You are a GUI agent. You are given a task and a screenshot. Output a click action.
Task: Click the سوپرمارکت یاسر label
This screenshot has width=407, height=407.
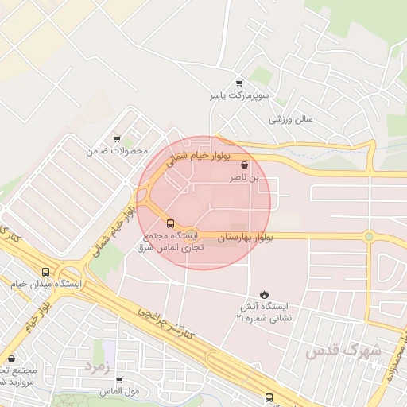click(x=240, y=95)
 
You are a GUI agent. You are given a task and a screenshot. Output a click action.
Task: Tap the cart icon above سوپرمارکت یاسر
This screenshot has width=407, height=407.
click(x=239, y=83)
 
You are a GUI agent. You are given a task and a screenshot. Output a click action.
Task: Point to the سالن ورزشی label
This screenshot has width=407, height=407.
click(x=290, y=119)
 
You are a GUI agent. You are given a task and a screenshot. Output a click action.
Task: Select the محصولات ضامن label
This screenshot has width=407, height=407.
click(x=119, y=151)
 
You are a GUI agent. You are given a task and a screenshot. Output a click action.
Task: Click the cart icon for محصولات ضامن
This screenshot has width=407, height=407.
click(x=118, y=138)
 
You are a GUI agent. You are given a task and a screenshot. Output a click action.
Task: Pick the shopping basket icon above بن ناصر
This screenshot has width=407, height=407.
click(x=243, y=166)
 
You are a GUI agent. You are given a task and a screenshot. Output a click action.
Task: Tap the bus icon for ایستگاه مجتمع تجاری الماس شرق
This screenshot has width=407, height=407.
click(x=169, y=223)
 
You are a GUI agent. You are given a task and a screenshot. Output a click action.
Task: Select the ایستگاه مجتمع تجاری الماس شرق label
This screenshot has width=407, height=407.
click(x=173, y=242)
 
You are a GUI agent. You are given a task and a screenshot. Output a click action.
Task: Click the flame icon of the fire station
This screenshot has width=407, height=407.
click(x=264, y=294)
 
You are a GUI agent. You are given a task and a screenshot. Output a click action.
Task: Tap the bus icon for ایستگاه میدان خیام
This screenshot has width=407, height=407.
click(x=45, y=272)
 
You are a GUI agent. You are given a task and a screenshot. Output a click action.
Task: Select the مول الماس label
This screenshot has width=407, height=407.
click(x=119, y=392)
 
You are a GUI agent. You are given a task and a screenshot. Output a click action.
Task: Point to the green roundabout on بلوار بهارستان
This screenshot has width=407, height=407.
click(x=368, y=236)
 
